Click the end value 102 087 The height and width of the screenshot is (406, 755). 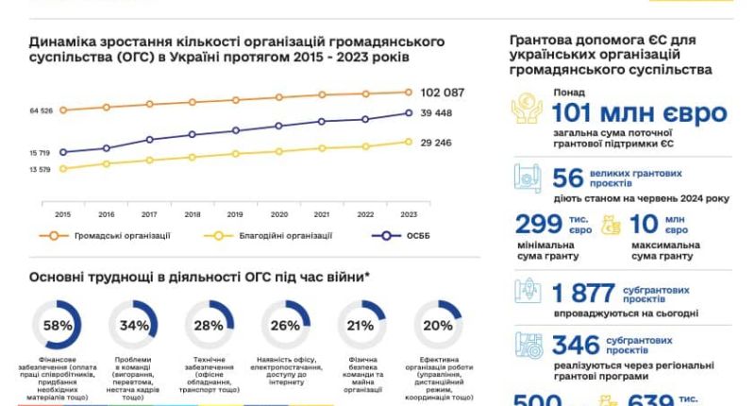443,93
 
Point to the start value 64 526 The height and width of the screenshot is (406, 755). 41,110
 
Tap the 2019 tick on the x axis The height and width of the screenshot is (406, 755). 235,214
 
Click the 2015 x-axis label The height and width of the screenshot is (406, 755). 62,214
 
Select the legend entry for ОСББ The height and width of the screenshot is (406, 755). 407,236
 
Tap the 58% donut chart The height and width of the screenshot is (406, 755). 59,326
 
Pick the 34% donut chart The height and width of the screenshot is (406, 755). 134,326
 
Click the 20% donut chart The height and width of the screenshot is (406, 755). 437,326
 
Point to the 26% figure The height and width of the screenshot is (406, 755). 285,326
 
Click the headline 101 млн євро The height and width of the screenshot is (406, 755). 640,114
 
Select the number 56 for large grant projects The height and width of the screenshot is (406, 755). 568,178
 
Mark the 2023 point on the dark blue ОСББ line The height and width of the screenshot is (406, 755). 409,113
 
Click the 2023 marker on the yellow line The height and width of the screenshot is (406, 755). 409,143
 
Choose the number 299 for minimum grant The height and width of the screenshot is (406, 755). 540,224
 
